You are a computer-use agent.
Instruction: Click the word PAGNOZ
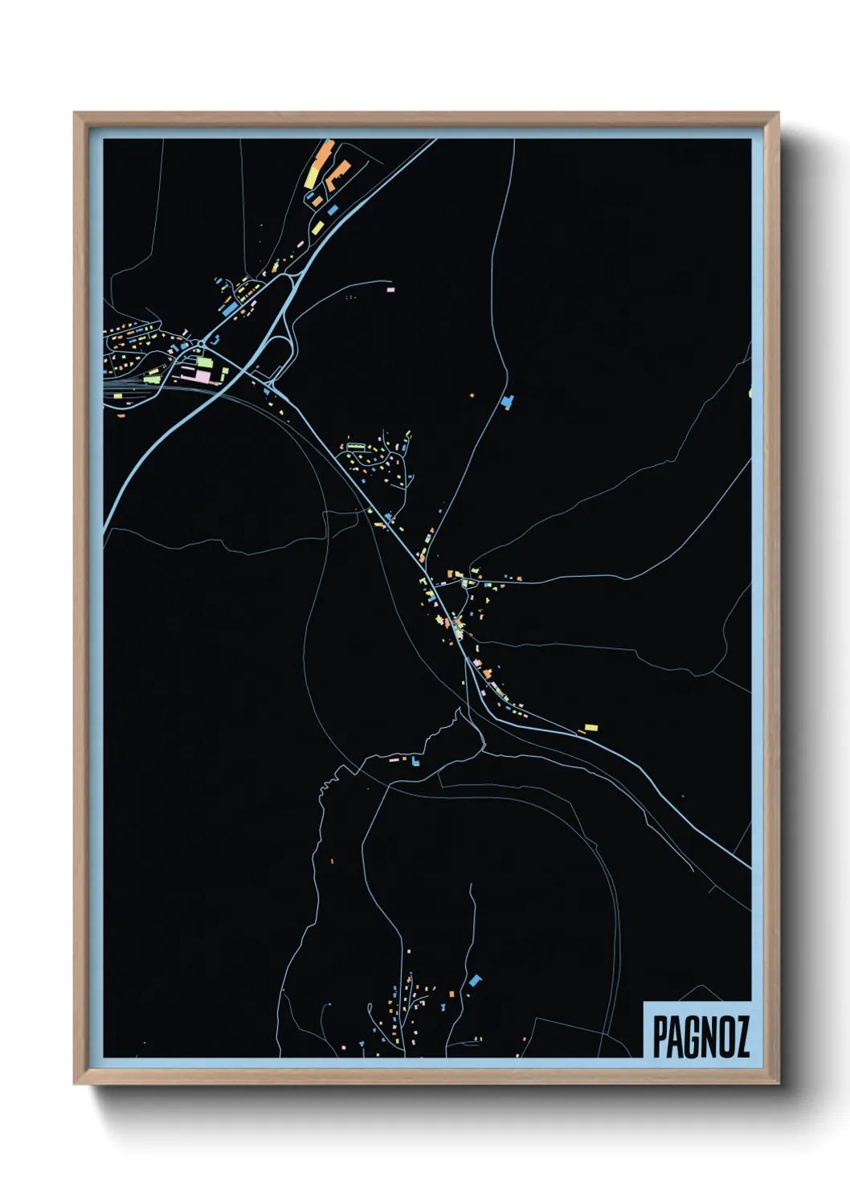pyautogui.click(x=701, y=1036)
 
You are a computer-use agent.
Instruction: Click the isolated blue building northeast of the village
pyautogui.click(x=507, y=401)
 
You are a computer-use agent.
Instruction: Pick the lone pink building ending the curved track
pyautogui.click(x=391, y=288)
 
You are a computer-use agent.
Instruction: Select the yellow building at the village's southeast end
pyautogui.click(x=591, y=727)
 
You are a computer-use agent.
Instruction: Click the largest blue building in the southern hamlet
pyautogui.click(x=475, y=979)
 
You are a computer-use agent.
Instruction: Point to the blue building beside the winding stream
pyautogui.click(x=415, y=760)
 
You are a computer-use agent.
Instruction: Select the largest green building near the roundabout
pyautogui.click(x=204, y=362)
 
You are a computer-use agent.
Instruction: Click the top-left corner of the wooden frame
pyautogui.click(x=75, y=113)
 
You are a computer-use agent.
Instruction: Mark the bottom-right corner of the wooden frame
pyautogui.click(x=778, y=1084)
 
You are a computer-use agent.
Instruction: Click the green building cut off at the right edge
pyautogui.click(x=750, y=392)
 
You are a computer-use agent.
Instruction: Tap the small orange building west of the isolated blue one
pyautogui.click(x=472, y=395)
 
